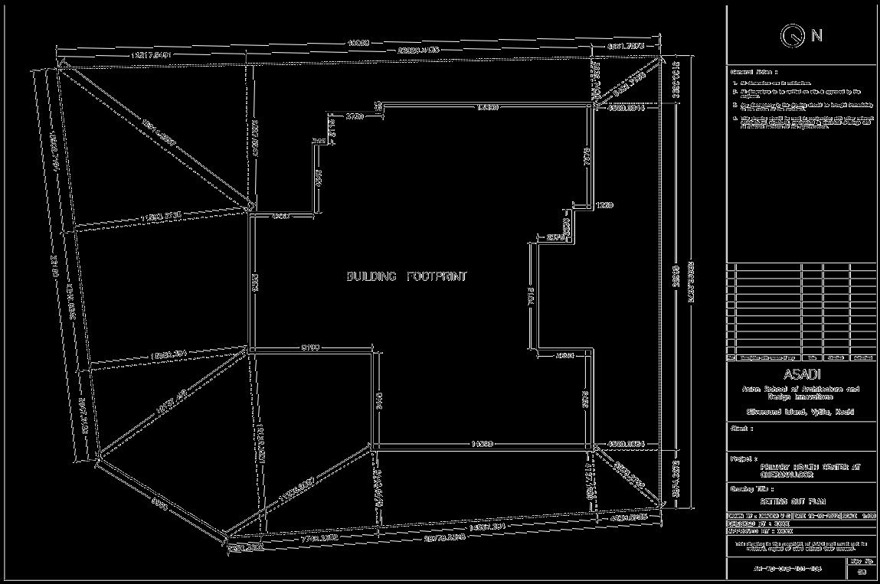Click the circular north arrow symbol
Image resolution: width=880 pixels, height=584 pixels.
tap(793, 35)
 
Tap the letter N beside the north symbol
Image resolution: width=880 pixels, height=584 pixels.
tap(816, 35)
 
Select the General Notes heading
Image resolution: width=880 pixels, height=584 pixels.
tap(754, 71)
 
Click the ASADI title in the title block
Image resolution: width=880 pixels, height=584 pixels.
tap(801, 375)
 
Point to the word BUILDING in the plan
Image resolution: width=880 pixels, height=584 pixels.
tap(371, 276)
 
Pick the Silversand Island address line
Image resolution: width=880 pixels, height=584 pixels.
tap(801, 412)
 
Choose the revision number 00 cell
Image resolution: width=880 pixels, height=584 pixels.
tap(862, 572)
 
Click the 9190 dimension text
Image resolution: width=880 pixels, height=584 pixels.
tap(310, 348)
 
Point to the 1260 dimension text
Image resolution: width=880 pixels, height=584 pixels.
tap(605, 205)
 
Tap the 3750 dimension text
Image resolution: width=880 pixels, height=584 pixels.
tap(354, 116)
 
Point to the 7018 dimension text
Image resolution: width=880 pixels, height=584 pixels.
tap(530, 300)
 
